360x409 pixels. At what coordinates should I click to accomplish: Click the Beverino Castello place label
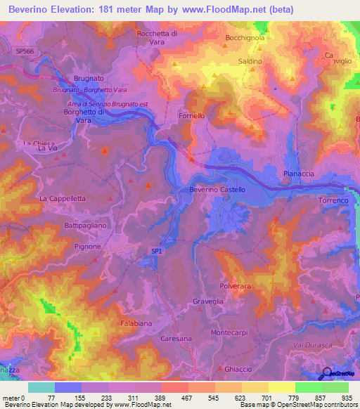[217, 190]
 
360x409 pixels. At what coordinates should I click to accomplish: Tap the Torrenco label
[333, 201]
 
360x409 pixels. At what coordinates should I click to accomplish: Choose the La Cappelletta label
[62, 199]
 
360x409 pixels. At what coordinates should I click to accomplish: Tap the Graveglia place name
[207, 302]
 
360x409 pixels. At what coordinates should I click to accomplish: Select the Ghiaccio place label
[236, 370]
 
